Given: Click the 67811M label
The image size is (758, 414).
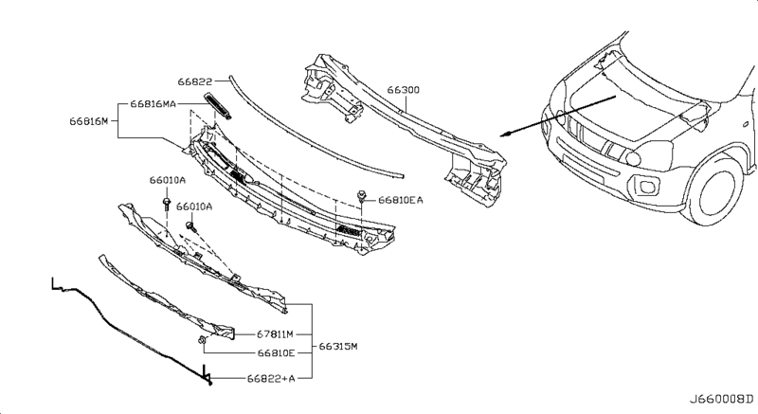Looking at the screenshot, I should tap(278, 333).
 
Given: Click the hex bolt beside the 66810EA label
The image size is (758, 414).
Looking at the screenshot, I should tap(362, 197).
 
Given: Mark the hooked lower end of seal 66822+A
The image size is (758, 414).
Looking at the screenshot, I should tap(208, 380).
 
